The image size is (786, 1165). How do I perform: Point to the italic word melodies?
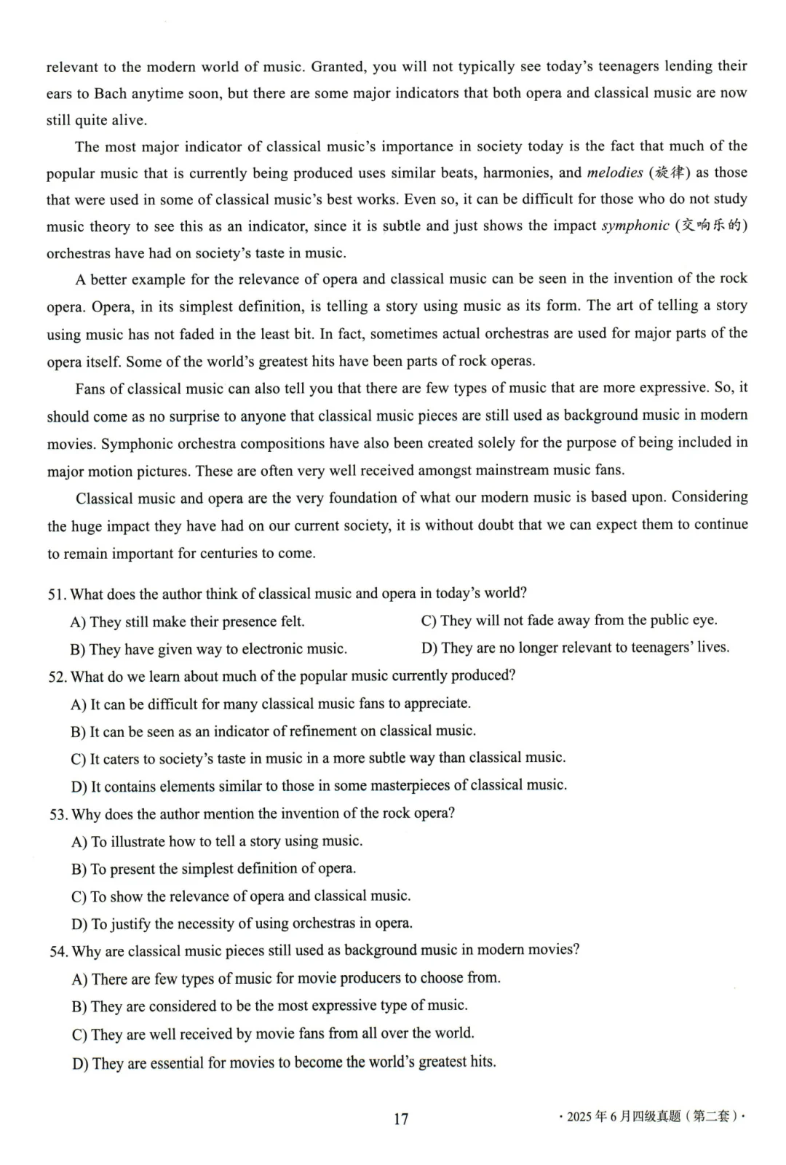pyautogui.click(x=615, y=172)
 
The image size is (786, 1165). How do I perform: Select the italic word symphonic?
pyautogui.click(x=635, y=226)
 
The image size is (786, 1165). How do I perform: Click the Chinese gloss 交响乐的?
pyautogui.click(x=712, y=226)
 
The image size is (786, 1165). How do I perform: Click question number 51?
pyautogui.click(x=57, y=595)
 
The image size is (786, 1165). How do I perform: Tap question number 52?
pyautogui.click(x=57, y=677)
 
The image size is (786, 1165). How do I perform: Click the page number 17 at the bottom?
pyautogui.click(x=401, y=1118)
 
